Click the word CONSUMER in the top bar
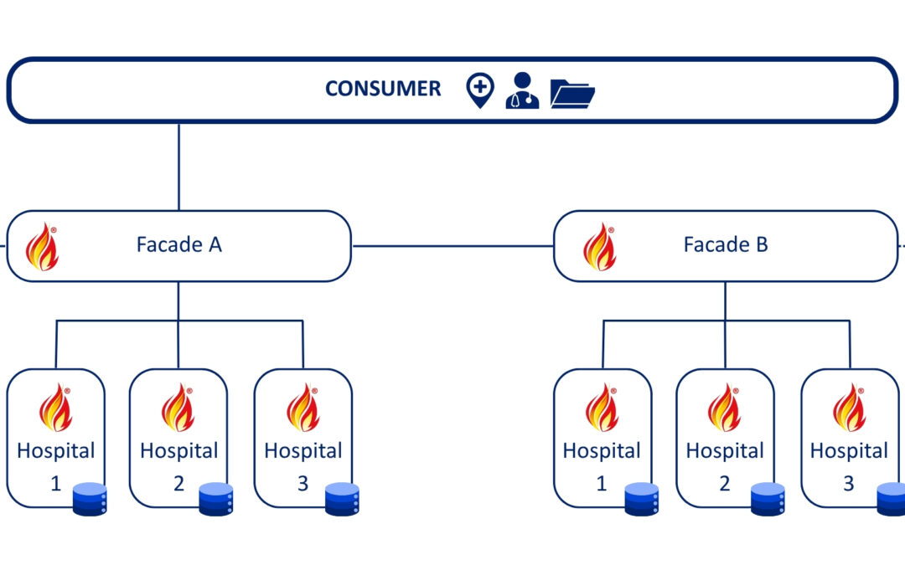(x=383, y=89)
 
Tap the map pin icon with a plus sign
(x=480, y=89)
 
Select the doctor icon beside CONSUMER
(x=522, y=90)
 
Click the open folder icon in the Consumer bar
(x=572, y=93)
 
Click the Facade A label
(x=178, y=245)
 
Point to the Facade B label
(x=726, y=245)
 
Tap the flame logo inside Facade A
(x=42, y=246)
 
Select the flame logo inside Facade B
(x=599, y=246)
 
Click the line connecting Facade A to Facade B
(x=452, y=246)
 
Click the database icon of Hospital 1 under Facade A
(x=90, y=499)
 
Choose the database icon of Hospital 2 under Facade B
(x=768, y=499)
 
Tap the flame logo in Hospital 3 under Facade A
(x=303, y=408)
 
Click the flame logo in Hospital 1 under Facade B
(x=602, y=408)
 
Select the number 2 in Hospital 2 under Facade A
(x=178, y=484)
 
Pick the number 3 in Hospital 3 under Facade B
(x=848, y=484)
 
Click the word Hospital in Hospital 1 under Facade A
(x=56, y=451)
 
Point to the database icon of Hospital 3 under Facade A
(x=342, y=499)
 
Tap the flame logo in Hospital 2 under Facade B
(x=725, y=408)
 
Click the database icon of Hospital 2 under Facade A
(x=215, y=499)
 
